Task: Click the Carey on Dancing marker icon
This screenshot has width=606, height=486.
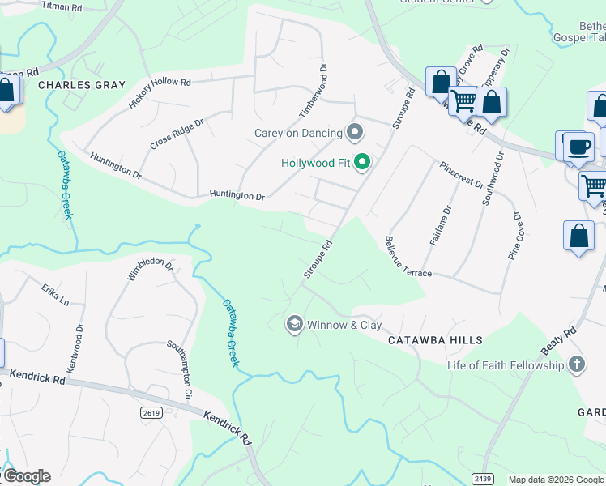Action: (354, 132)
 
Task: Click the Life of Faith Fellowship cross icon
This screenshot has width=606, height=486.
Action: (576, 364)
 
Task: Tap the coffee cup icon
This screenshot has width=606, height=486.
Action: (578, 147)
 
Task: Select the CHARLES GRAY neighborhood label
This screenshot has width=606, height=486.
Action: (82, 85)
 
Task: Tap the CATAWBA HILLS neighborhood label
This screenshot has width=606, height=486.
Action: (435, 341)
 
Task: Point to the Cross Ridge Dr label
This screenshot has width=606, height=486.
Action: (176, 134)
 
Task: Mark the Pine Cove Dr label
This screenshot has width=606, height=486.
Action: (514, 235)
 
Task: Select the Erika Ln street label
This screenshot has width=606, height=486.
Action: (57, 294)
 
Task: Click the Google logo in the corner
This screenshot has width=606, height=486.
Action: (27, 476)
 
